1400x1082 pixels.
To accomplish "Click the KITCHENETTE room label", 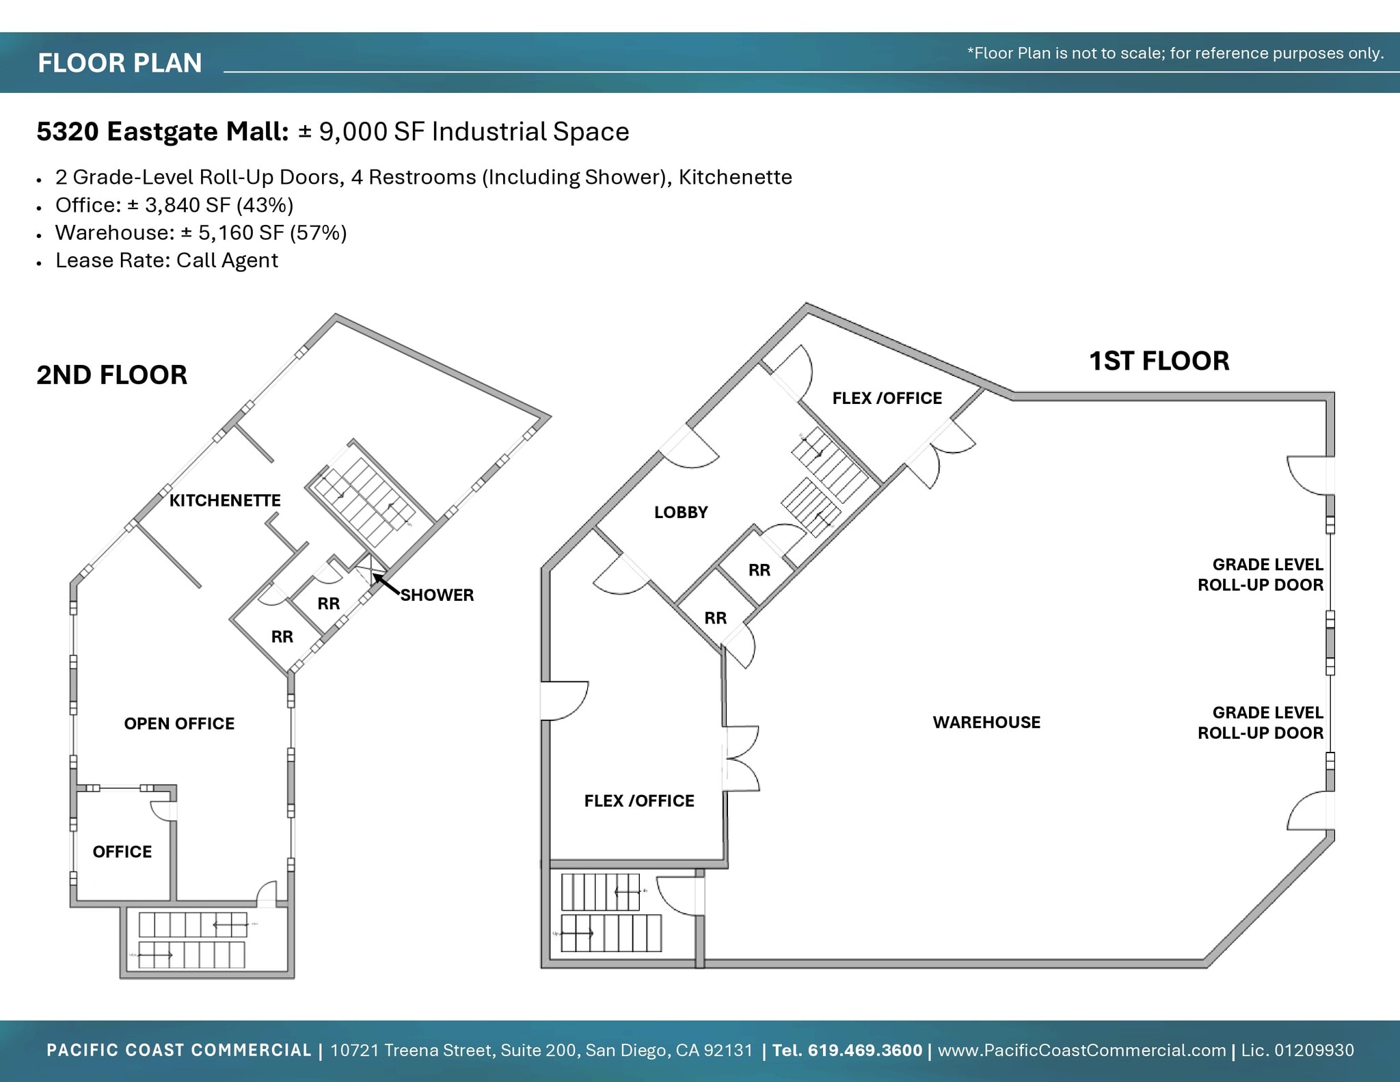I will (x=225, y=500).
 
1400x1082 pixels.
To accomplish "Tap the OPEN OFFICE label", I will (x=179, y=723).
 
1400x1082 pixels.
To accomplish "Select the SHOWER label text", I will (x=437, y=595).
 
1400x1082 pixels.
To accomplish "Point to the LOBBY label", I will (x=681, y=512).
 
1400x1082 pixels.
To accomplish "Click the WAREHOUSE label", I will (x=986, y=722).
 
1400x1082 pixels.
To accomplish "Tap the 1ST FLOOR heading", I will (x=1159, y=361).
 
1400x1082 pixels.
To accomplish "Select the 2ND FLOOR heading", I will (x=111, y=375).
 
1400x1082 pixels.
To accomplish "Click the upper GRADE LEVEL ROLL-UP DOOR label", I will (x=1261, y=574).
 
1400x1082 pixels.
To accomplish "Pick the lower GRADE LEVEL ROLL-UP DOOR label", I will (x=1261, y=722).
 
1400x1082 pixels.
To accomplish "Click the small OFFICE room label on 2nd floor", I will (x=122, y=851).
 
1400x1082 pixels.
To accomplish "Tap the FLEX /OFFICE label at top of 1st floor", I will (x=887, y=398).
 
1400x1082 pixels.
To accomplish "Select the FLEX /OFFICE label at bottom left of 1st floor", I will (x=639, y=800).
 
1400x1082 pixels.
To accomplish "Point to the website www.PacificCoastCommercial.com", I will (x=1081, y=1050).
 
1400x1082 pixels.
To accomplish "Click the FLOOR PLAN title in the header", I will (x=120, y=63).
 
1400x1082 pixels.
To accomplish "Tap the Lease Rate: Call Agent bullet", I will (x=167, y=260).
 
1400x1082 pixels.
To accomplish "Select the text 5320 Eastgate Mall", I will (x=163, y=131).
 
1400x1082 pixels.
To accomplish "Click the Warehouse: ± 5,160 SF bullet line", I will (x=201, y=232).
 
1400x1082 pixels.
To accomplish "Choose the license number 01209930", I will (x=1314, y=1050).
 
